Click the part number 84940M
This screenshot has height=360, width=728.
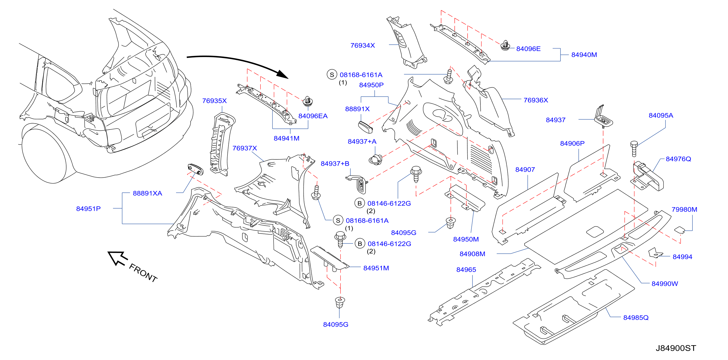point(584,55)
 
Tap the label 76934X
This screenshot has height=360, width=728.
point(362,46)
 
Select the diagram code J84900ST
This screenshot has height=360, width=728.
point(676,348)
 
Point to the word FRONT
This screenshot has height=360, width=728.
point(143,273)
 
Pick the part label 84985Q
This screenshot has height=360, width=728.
point(636,318)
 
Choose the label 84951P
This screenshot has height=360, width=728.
point(88,209)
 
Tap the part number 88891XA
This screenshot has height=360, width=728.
point(147,193)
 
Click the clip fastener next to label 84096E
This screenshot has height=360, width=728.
point(505,46)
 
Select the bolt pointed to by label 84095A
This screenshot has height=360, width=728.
point(634,149)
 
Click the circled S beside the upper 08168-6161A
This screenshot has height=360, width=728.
point(332,75)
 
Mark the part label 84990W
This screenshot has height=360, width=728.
point(664,284)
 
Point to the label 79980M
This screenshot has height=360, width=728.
point(684,210)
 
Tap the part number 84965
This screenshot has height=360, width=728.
point(466,270)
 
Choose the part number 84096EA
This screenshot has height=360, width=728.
point(313,116)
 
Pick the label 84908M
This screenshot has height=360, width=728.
point(472,254)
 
